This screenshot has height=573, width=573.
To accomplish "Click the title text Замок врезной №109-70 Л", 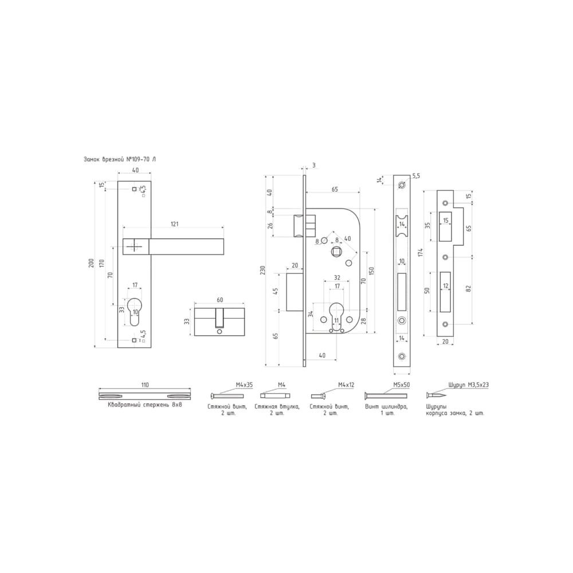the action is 120,159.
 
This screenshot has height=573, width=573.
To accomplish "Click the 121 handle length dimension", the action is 175,224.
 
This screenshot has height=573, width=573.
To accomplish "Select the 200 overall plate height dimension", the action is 91,263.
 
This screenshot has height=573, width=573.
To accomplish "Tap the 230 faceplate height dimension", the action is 263,270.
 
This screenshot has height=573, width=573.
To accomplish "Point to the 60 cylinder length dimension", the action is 219,300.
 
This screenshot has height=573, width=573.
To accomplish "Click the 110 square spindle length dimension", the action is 145,385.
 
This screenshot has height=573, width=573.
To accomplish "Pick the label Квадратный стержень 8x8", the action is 145,405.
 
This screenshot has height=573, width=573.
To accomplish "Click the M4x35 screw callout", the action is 244,385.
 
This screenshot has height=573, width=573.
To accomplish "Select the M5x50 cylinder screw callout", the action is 401,385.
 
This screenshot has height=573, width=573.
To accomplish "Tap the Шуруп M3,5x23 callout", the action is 469,385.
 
